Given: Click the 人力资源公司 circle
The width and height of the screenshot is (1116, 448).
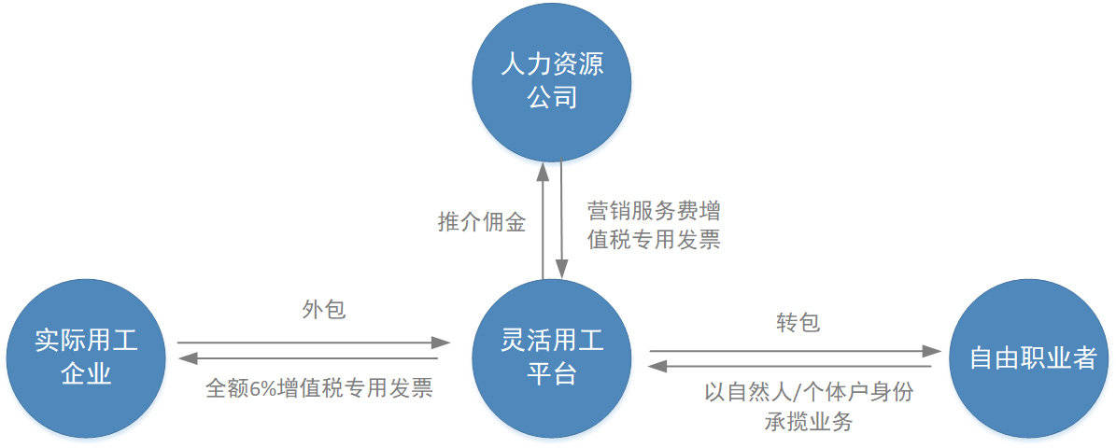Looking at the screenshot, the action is (x=552, y=82).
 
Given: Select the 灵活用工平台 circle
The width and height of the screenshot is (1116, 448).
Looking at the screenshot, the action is (x=552, y=358).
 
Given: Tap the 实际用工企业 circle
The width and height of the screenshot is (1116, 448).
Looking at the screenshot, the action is (x=86, y=358).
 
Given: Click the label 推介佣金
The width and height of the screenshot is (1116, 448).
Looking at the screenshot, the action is (x=482, y=222).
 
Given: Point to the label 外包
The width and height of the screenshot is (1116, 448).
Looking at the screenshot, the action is (x=324, y=309).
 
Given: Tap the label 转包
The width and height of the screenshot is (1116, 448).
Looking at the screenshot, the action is (x=798, y=322).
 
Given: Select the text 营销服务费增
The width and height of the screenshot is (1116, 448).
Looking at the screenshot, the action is (x=654, y=211).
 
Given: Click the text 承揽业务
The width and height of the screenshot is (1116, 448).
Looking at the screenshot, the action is (x=809, y=422).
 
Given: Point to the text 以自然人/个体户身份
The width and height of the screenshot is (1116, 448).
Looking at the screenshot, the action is (x=810, y=392).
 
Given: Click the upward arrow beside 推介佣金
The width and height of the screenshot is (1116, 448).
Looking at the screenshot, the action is (x=544, y=220).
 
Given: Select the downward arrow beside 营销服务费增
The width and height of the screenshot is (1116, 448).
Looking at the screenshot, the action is (x=561, y=220).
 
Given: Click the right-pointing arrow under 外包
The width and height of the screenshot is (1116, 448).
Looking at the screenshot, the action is (x=314, y=342).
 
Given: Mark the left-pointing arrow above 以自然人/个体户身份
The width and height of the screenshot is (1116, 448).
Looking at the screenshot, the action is (x=789, y=366).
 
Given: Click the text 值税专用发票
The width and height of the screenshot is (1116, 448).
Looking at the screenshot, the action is (x=654, y=240).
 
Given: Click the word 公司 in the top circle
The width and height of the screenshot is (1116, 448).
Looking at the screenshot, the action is (x=552, y=97).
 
